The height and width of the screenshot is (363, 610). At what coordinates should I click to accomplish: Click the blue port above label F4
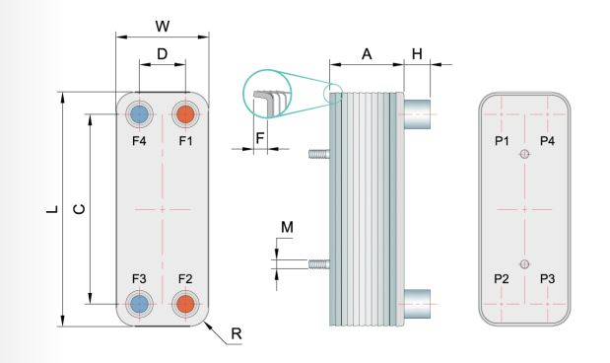[x=139, y=114]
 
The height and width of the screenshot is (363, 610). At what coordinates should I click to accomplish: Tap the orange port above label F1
[x=185, y=114]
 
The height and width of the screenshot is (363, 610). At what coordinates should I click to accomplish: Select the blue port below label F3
[x=139, y=304]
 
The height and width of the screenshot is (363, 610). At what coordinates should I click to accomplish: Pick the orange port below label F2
[x=185, y=304]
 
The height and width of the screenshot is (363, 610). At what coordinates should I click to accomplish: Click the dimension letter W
[x=163, y=27]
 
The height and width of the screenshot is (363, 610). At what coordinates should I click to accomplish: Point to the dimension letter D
[x=163, y=53]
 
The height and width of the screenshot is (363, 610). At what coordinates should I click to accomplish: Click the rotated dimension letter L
[x=52, y=209]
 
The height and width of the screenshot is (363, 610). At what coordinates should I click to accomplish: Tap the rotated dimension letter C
[x=79, y=209]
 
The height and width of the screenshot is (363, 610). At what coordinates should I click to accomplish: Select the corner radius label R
[x=237, y=333]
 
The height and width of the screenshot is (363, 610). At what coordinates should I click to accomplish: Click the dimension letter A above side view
[x=367, y=53]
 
